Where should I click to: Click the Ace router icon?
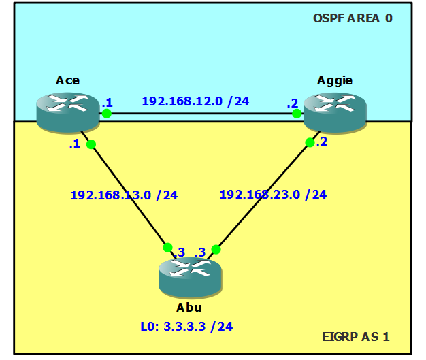click(x=68, y=113)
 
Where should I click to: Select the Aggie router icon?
click(x=335, y=113)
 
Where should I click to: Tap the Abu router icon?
click(x=191, y=278)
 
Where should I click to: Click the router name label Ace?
click(x=67, y=80)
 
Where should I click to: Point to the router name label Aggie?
click(x=335, y=81)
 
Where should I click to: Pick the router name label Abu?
click(x=189, y=308)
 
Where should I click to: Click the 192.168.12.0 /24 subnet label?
click(x=195, y=101)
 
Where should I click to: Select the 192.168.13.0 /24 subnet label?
click(x=124, y=195)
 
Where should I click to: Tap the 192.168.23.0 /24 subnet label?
click(x=273, y=195)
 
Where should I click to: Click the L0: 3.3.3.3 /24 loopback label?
click(x=186, y=327)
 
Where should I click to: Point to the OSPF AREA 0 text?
click(x=353, y=18)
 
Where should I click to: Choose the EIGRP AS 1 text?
click(x=356, y=337)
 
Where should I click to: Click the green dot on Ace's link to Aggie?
click(x=106, y=113)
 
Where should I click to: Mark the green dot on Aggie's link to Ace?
click(x=297, y=113)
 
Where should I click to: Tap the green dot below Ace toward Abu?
click(x=91, y=144)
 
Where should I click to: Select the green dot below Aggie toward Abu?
click(x=310, y=142)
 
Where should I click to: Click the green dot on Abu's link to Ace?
click(x=167, y=248)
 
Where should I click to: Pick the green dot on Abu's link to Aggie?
click(x=216, y=249)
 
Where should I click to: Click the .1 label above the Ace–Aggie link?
click(x=108, y=103)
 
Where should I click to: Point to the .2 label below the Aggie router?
click(x=322, y=142)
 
